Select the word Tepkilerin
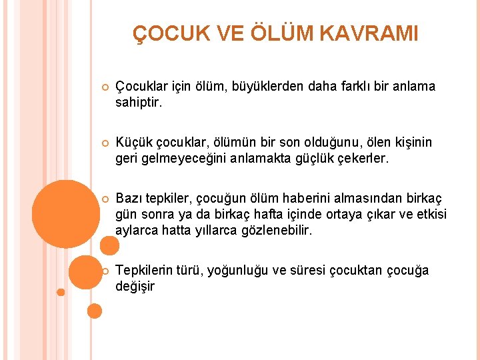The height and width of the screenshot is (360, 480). tap(144, 271)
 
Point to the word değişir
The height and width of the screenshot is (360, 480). tap(135, 286)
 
